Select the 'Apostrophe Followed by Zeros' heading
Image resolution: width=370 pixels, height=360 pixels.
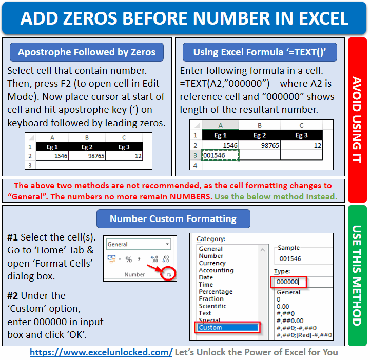coord(86,52)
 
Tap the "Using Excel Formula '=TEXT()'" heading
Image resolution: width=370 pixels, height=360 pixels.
coord(260,52)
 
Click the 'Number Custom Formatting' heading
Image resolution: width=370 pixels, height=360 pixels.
coord(173,218)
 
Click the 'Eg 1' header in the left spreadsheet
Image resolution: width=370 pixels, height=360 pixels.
coord(52,147)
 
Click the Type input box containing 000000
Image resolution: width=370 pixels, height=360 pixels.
coord(288,282)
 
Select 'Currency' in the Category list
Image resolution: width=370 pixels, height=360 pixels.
coord(212,263)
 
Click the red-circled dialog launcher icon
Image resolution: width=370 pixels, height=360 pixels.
coord(169,275)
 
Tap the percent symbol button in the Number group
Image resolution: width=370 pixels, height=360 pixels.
coord(129,259)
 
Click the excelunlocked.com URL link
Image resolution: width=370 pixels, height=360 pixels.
coord(101,352)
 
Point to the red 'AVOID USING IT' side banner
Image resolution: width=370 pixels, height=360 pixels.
coord(357,119)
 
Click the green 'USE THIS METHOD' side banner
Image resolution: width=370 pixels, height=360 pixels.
coord(357,275)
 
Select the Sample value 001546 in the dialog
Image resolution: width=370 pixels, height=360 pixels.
coord(290,259)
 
